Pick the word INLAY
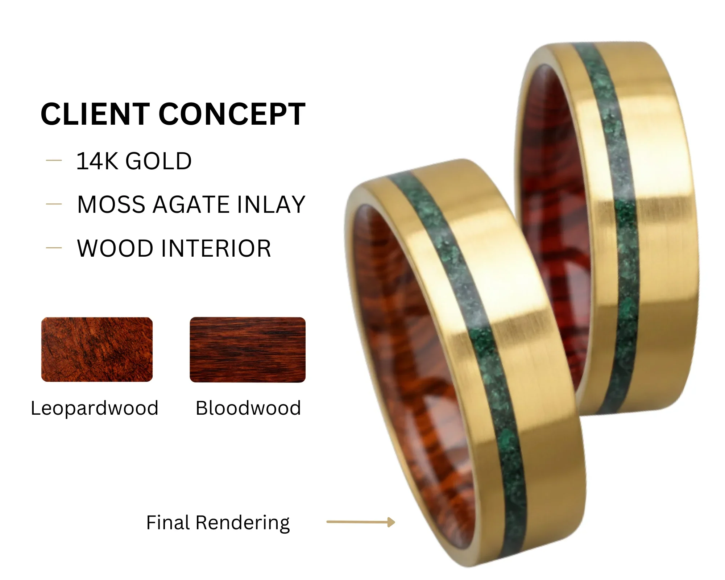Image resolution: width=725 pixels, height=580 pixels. point(271,204)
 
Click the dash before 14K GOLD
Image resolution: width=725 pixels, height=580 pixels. point(54,160)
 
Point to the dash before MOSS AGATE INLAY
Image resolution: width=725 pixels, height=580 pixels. point(54,204)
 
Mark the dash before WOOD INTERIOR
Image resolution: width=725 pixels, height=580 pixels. point(54,248)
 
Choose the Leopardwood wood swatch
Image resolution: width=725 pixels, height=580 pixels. point(97,349)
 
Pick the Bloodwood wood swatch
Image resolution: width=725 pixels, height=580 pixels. point(248,350)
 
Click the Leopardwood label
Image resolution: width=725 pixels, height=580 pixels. point(95,409)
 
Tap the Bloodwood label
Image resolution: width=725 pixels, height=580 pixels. point(248,408)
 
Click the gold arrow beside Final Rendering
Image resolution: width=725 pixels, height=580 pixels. point(361,522)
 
